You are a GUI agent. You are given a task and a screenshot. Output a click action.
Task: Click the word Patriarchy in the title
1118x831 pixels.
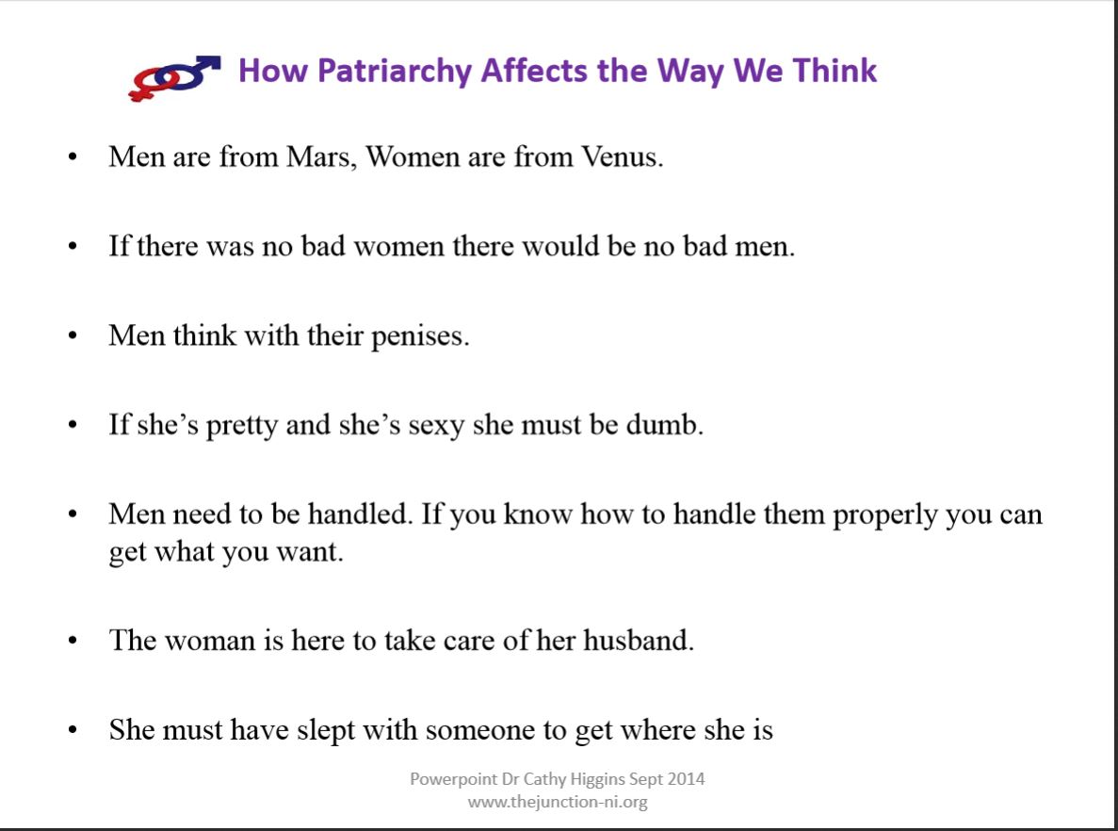395,72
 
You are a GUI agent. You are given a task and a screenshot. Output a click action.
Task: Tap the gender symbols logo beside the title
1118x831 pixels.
174,78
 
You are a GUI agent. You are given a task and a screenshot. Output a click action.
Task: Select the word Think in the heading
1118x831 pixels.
834,71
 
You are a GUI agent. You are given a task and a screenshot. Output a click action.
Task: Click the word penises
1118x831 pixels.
420,336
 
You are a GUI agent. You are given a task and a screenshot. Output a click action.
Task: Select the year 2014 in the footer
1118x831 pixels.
687,779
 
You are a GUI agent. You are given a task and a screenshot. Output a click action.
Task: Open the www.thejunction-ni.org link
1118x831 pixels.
558,803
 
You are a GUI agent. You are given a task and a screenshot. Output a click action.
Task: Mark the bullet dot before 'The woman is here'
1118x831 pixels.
73,641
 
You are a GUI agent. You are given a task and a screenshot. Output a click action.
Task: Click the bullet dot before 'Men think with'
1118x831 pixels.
73,336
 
